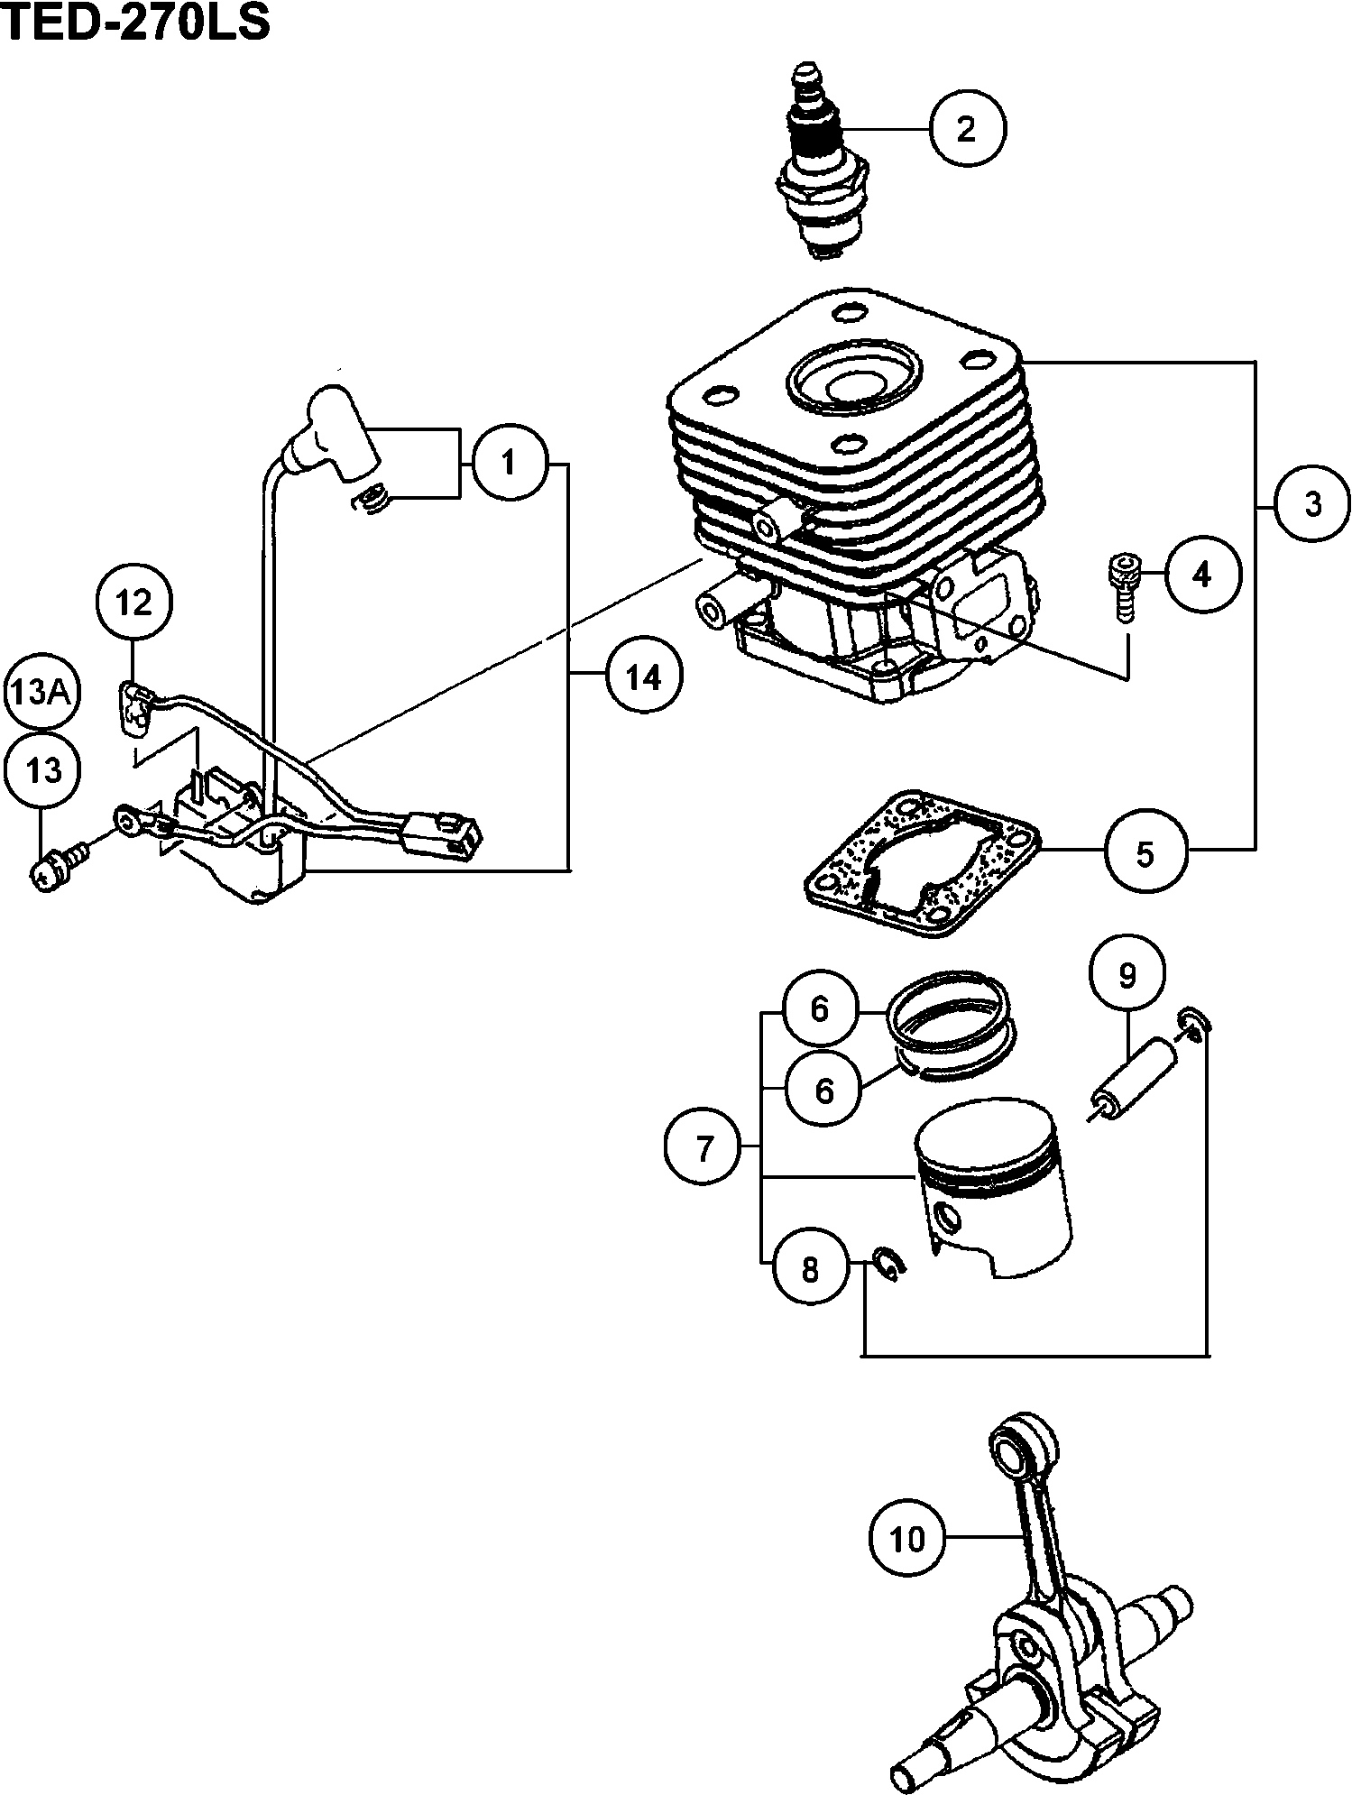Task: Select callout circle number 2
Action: [x=966, y=130]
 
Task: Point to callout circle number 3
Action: [x=1312, y=504]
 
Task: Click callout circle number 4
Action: [x=1201, y=575]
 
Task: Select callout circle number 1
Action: [x=509, y=465]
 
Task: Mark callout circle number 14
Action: [x=644, y=676]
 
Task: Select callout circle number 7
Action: [x=704, y=1148]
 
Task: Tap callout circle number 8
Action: [x=810, y=1270]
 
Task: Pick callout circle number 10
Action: [x=908, y=1538]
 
